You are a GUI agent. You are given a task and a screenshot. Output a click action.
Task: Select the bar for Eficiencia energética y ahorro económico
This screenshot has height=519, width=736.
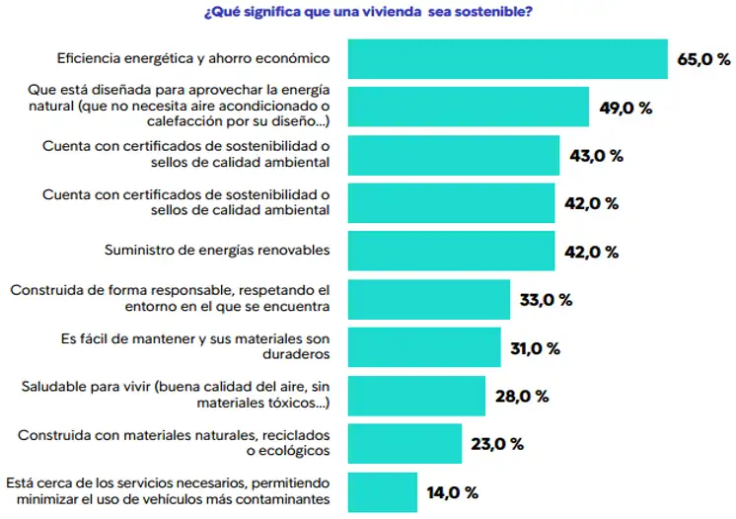[x=508, y=59]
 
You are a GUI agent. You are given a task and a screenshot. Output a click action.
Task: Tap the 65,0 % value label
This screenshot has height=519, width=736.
[x=703, y=59]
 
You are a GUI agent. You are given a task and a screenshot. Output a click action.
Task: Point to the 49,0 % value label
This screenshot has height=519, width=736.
[x=626, y=108]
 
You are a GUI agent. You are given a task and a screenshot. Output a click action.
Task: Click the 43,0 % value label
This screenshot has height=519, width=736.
[x=596, y=156]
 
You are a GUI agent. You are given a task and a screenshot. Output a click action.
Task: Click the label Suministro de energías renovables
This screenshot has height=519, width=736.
[x=216, y=252]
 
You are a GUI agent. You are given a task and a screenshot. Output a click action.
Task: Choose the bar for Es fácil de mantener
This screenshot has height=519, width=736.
[x=424, y=347]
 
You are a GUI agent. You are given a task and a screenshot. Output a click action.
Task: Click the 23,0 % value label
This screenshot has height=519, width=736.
[x=497, y=444]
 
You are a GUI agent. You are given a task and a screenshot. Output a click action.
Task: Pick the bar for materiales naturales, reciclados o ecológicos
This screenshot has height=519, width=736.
[x=405, y=444]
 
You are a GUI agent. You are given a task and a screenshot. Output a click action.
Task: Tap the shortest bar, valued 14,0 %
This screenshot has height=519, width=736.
[x=383, y=491]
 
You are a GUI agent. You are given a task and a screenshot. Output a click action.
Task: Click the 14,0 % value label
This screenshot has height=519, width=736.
[x=453, y=491]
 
